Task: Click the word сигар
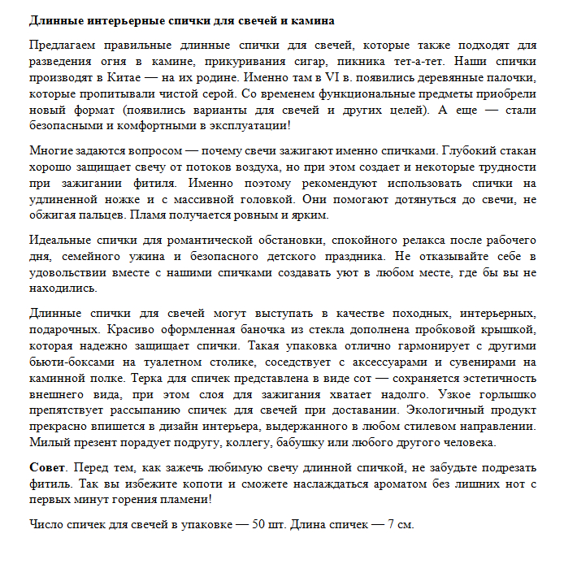pyautogui.click(x=307, y=61)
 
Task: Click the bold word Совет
pyautogui.click(x=46, y=469)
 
